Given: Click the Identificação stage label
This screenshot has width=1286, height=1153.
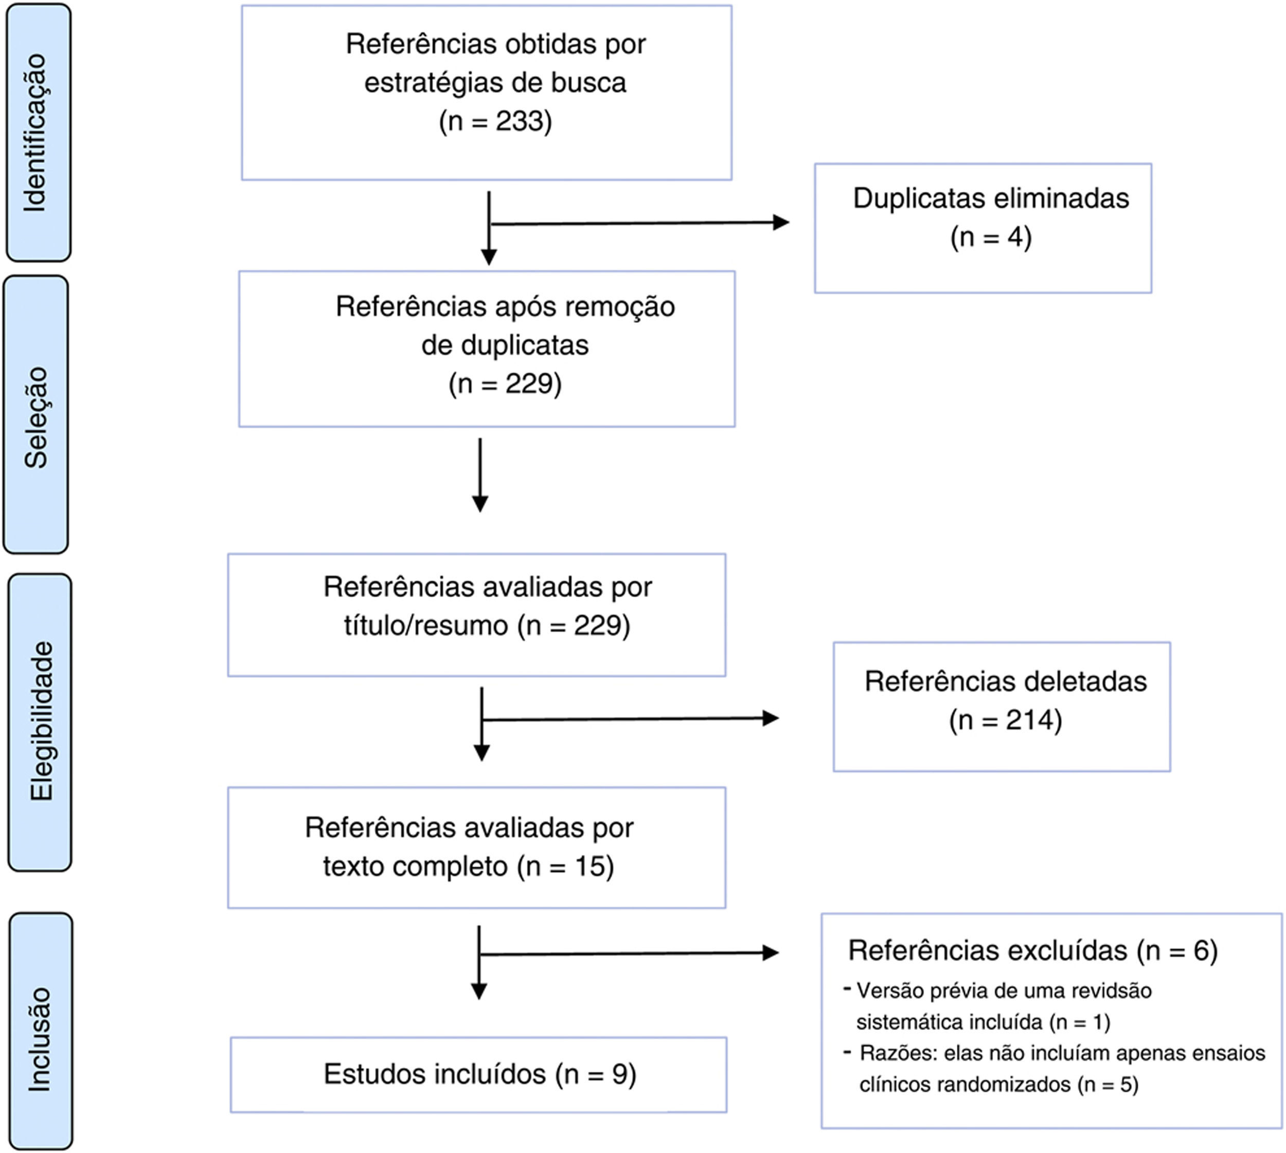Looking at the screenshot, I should tap(35, 132).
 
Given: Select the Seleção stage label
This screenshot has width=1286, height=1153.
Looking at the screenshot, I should tap(35, 417).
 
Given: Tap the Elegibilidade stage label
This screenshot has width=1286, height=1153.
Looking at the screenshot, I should tap(41, 722).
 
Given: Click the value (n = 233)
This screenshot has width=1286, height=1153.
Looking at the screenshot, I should tap(495, 120).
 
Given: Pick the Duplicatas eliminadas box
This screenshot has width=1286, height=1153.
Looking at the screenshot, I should tap(983, 228).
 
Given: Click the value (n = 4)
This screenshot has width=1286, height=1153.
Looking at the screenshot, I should tap(991, 237).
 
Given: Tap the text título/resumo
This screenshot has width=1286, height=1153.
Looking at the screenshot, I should tap(426, 626).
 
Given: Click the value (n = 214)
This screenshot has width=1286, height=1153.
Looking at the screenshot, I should tap(1006, 720).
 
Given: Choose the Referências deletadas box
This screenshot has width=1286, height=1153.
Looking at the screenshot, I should tap(1002, 706).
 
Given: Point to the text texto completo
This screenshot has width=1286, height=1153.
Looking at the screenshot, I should tap(415, 866).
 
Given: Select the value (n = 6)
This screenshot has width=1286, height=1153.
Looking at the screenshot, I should tap(1177, 950).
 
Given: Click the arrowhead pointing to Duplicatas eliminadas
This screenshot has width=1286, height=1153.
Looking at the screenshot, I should tap(781, 222).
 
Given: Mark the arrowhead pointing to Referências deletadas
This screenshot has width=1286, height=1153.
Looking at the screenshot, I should tap(771, 718).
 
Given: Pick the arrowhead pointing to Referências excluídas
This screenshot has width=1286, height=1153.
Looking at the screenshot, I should tap(771, 953).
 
